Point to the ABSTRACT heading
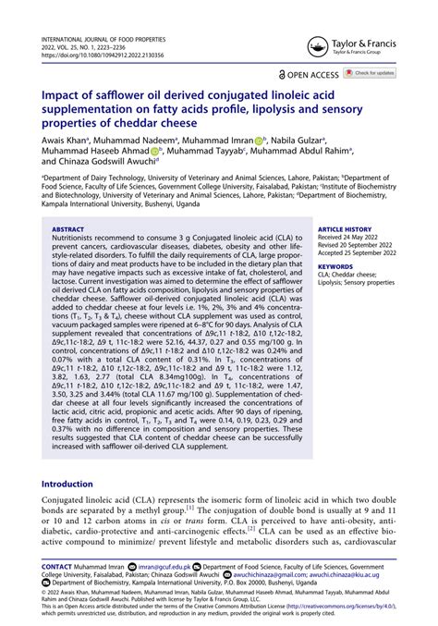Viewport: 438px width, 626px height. click(x=68, y=227)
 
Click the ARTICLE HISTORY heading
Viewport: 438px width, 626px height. click(x=346, y=227)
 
